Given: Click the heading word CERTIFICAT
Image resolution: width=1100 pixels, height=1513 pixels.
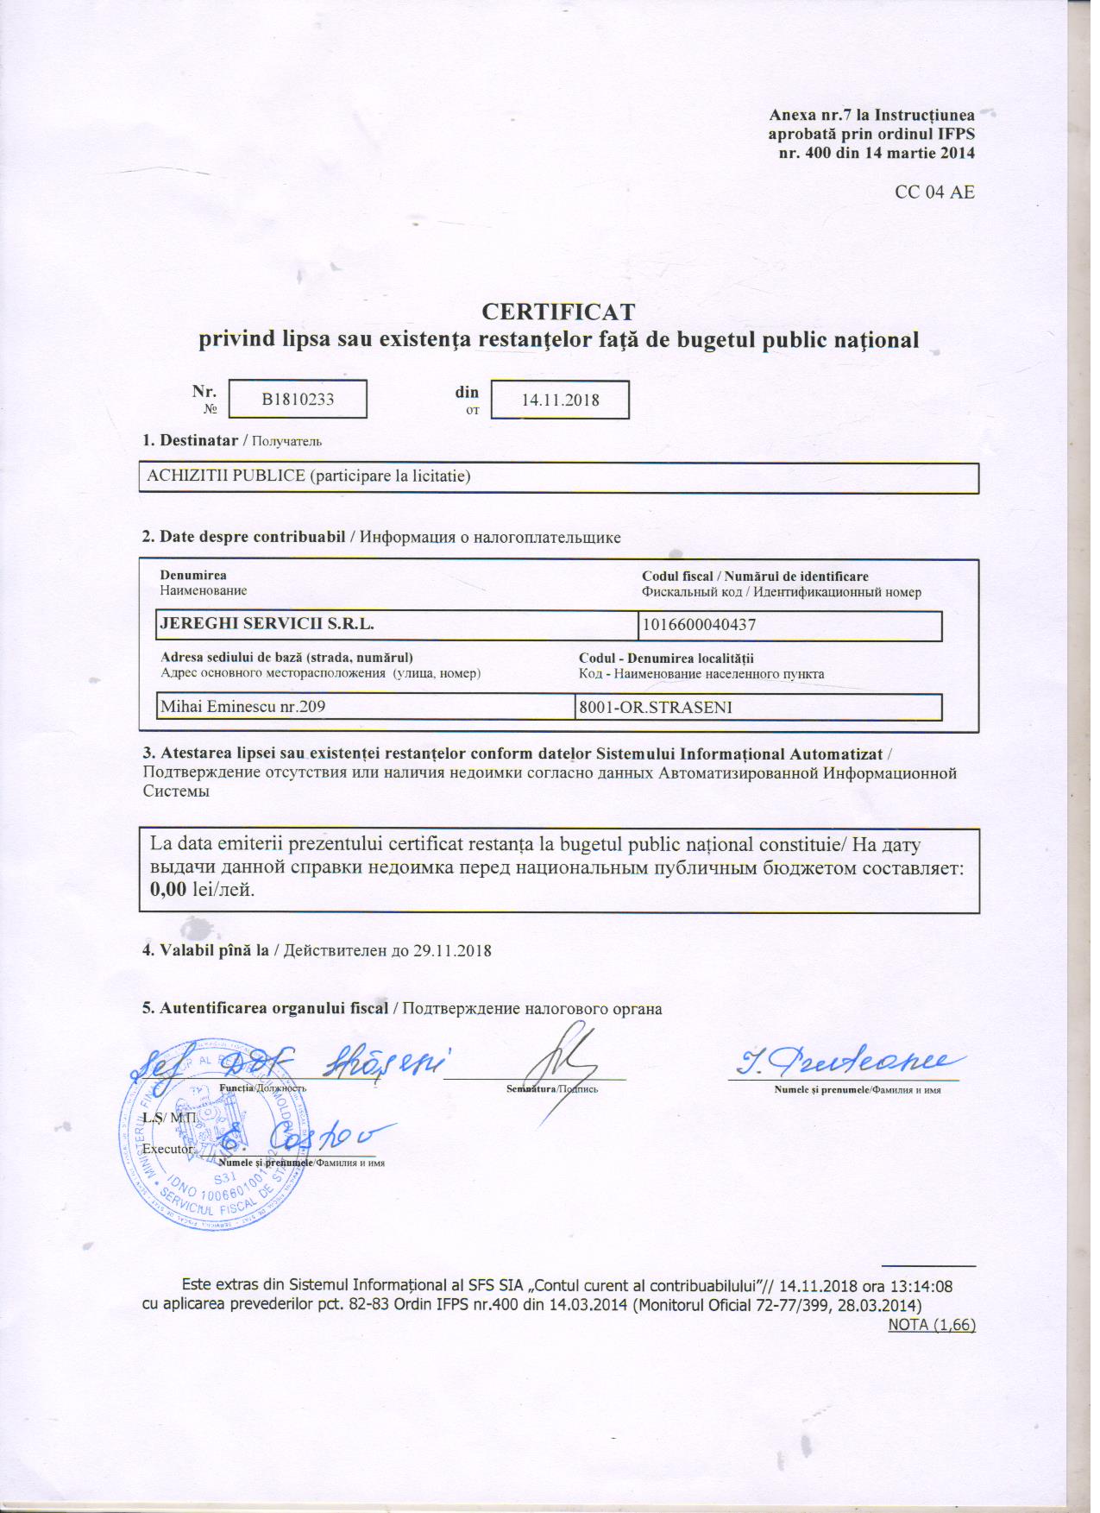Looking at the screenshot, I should tap(558, 311).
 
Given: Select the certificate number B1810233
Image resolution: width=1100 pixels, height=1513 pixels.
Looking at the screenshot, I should tap(298, 400).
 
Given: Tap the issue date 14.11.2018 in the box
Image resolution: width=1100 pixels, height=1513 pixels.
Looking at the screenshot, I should tap(561, 400).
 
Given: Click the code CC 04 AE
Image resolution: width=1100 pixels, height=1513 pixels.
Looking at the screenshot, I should tap(934, 192).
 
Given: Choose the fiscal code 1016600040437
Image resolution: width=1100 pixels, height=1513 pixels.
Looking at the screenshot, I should tap(700, 624).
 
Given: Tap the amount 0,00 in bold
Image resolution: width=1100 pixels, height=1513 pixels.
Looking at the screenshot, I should tap(168, 890).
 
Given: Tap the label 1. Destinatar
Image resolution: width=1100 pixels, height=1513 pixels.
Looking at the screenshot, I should tap(190, 440).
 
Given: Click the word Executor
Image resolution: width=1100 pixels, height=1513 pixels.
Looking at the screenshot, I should tap(167, 1149).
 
